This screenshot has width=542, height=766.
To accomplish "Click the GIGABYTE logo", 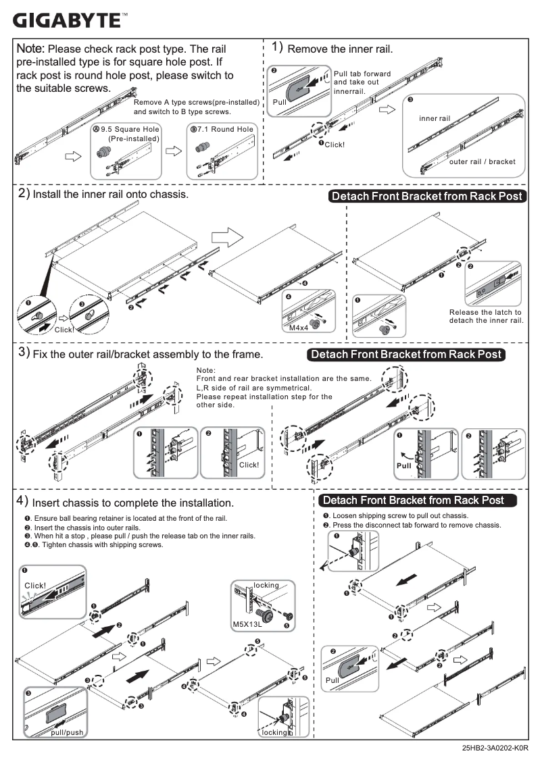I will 68,20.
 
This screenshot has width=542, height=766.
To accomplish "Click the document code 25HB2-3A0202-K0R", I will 495,748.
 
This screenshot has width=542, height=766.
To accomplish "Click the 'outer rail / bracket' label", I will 482,161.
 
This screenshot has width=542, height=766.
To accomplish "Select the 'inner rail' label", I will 434,118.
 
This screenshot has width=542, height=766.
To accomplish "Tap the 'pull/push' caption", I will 67,732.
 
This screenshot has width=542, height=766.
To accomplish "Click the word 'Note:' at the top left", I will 30,49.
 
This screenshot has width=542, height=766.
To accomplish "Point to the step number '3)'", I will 23,353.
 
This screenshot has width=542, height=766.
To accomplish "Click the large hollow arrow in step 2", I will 226,238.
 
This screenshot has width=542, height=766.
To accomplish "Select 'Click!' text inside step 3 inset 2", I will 249,465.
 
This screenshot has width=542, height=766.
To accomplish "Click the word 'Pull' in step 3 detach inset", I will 404,466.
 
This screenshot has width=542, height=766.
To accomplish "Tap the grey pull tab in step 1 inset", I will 298,88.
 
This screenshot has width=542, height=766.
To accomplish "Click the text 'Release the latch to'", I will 485,312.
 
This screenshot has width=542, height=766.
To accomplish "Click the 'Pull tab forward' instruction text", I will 362,74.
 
